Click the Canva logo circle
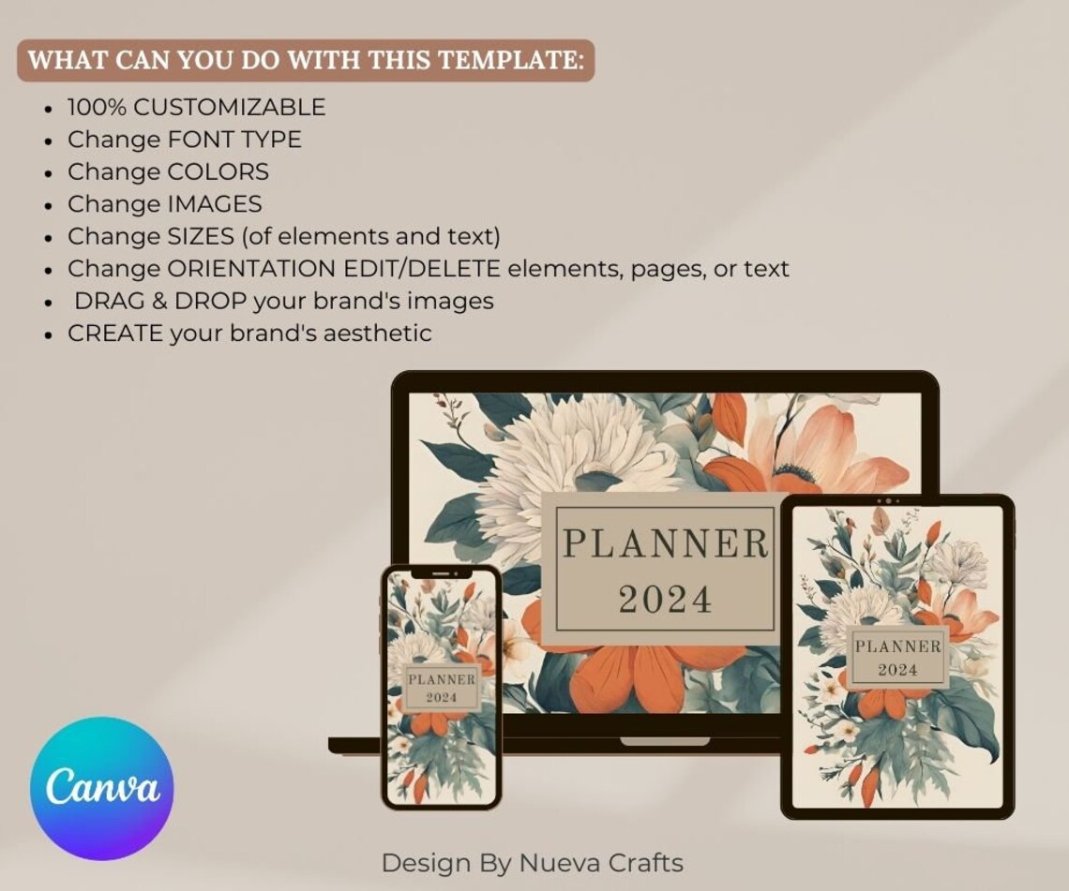click(x=101, y=789)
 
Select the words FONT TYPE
click(x=234, y=141)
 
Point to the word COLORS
click(x=218, y=172)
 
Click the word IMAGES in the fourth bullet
click(x=215, y=204)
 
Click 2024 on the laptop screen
click(x=665, y=599)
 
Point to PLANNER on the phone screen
click(x=442, y=679)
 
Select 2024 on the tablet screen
click(x=897, y=670)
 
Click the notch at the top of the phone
click(x=442, y=572)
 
